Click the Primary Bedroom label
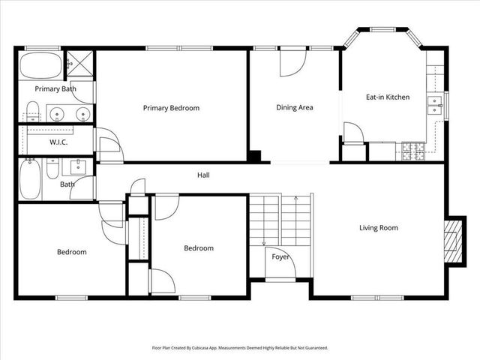click(171, 108)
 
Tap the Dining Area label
click(295, 108)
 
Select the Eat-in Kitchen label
click(386, 97)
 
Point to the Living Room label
click(378, 228)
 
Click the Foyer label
click(280, 257)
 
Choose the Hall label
click(203, 175)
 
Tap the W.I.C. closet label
click(60, 142)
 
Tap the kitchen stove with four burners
click(413, 151)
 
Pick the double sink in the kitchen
click(434, 105)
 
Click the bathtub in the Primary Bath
click(40, 66)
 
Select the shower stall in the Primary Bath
click(79, 64)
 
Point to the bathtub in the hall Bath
click(30, 180)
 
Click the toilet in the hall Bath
click(52, 169)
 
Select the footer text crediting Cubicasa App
click(240, 348)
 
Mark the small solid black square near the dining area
click(255, 157)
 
